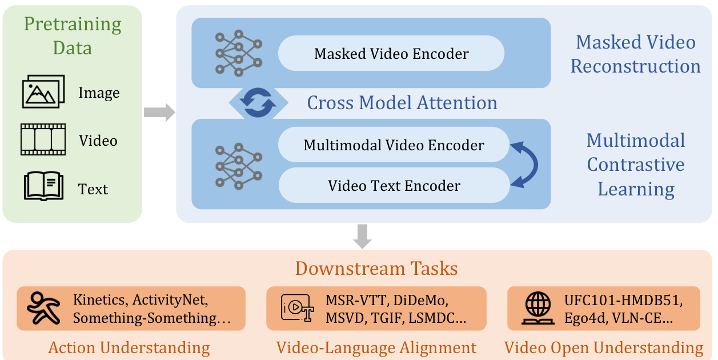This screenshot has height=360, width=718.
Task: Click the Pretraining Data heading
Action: pyautogui.click(x=73, y=35)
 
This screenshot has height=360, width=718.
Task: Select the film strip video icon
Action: pyautogui.click(x=43, y=140)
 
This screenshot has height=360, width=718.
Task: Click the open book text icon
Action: pyautogui.click(x=43, y=187)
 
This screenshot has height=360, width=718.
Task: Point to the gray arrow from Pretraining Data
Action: pyautogui.click(x=159, y=113)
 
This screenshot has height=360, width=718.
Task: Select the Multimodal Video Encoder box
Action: pyautogui.click(x=394, y=145)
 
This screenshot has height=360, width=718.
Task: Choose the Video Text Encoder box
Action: pyautogui.click(x=394, y=185)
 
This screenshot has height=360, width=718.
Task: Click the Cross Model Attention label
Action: pyautogui.click(x=402, y=103)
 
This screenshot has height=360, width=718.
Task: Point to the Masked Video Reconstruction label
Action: pyautogui.click(x=635, y=54)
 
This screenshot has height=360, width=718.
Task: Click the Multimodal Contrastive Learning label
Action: pyautogui.click(x=635, y=165)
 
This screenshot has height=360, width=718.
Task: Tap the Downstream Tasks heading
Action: pyautogui.click(x=376, y=269)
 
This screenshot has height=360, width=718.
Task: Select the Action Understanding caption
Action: pyautogui.click(x=129, y=348)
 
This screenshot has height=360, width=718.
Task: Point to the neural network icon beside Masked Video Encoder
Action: pyautogui.click(x=238, y=52)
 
